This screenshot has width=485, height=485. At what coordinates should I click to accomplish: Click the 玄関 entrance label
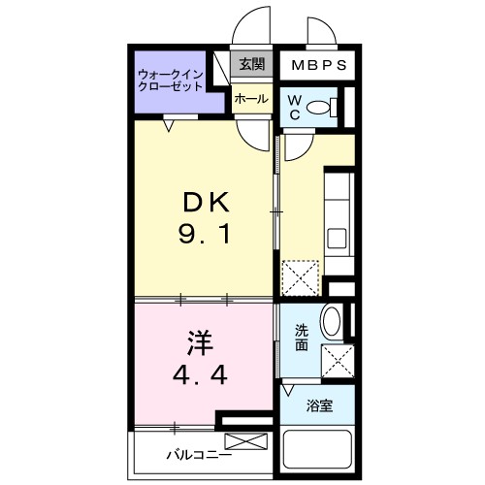pos(251,64)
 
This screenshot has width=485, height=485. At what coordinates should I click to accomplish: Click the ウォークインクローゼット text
pos(170,80)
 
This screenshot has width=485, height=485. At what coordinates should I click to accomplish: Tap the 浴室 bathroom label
pos(321,406)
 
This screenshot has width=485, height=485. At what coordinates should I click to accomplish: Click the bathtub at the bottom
pos(319,454)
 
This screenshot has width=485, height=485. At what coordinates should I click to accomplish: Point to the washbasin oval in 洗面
pos(329,321)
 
